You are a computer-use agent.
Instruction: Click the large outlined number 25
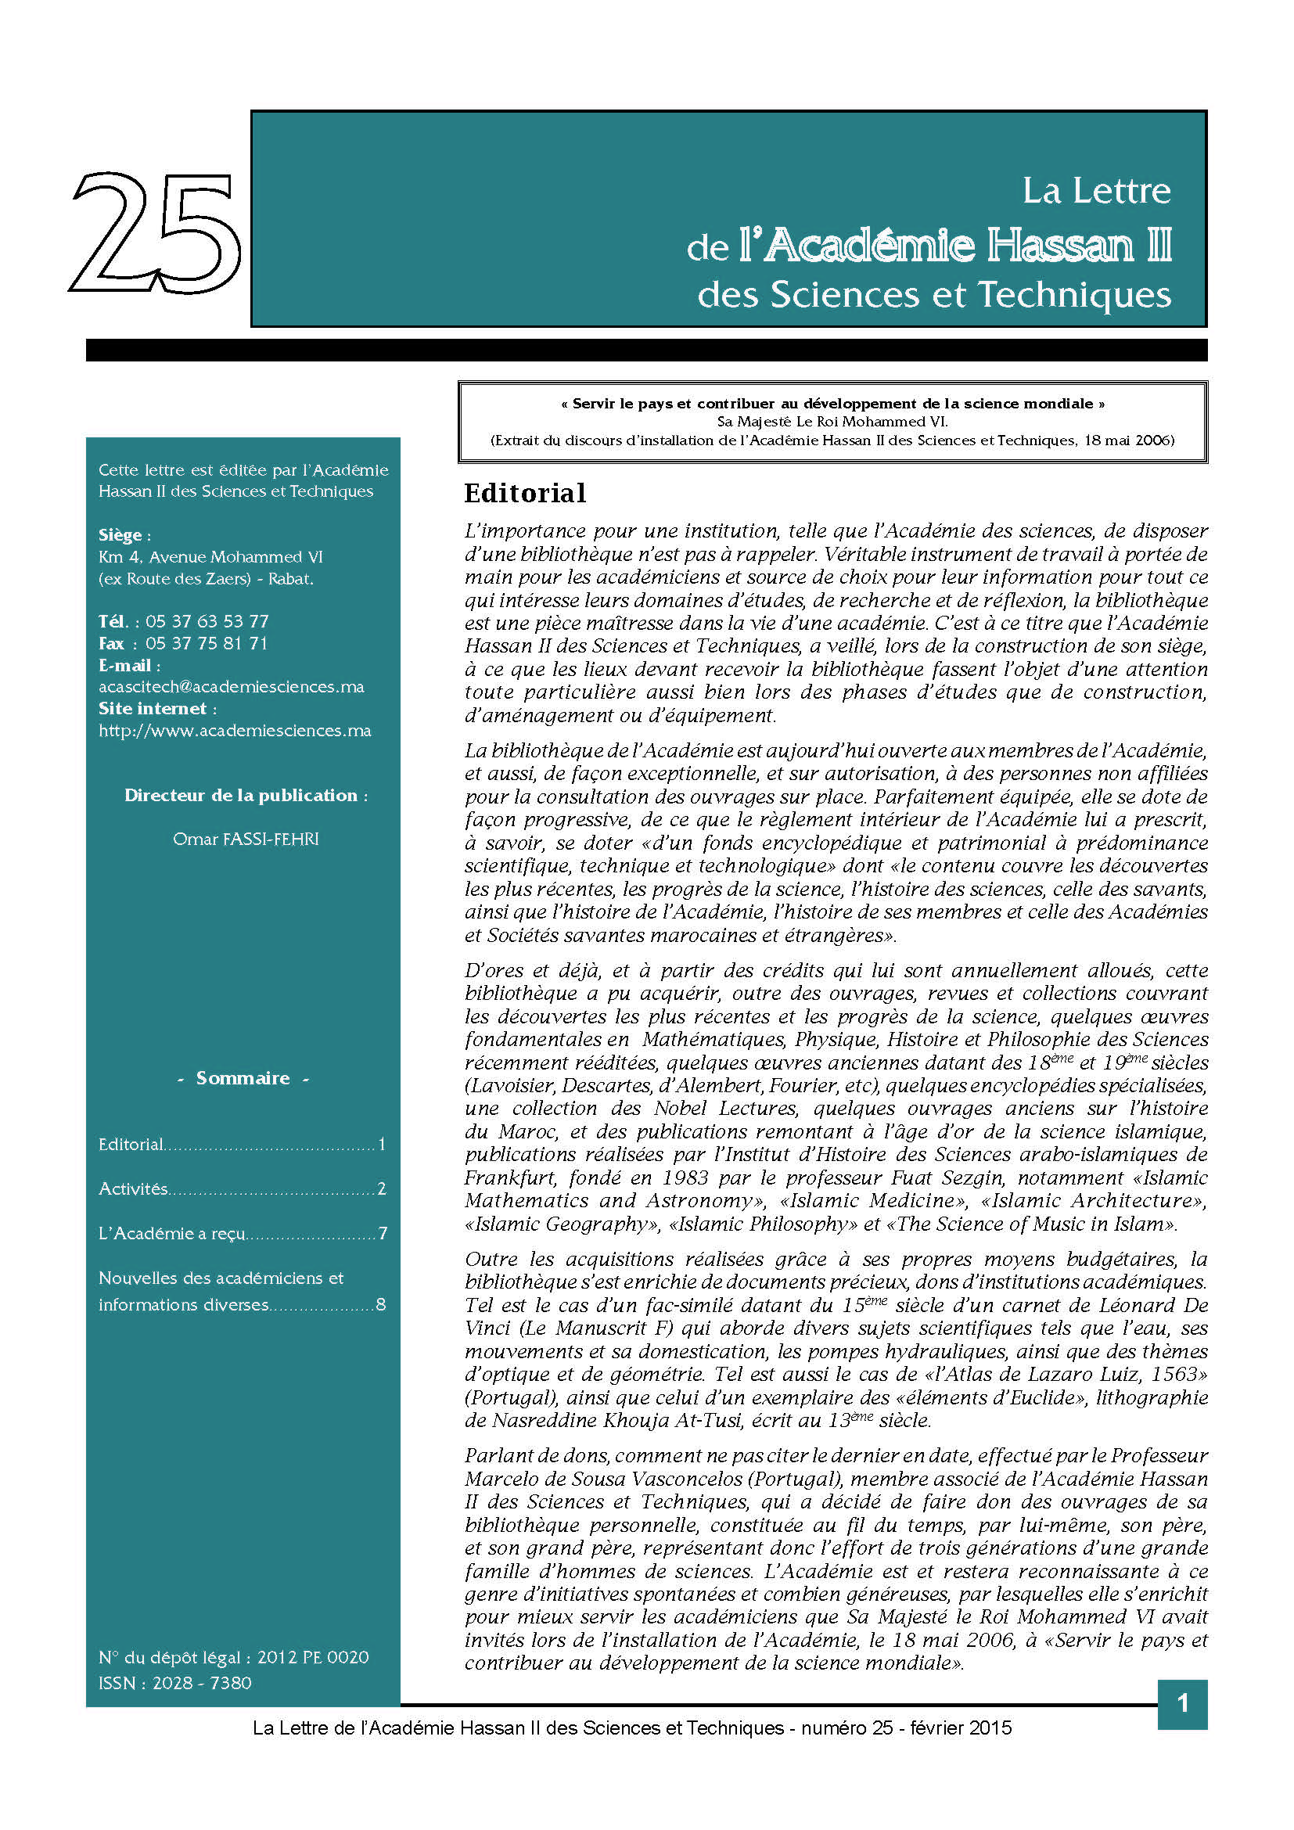[156, 232]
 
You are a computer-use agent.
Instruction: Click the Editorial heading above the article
[525, 494]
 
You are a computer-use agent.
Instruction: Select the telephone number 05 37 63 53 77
[207, 621]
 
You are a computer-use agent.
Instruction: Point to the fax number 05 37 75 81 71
[207, 643]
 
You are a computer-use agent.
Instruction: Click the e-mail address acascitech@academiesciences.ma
[231, 686]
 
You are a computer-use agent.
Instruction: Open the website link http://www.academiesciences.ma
[234, 730]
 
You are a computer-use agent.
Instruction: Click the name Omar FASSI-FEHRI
[246, 839]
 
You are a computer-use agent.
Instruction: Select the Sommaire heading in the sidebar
[243, 1077]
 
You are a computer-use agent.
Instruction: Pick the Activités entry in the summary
[133, 1188]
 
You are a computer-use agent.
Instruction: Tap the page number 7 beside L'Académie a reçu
[383, 1233]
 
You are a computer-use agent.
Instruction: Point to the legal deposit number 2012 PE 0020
[313, 1657]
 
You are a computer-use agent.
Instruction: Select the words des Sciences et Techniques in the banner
[934, 294]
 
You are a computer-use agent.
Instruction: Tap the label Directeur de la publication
[242, 795]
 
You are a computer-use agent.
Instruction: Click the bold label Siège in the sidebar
[120, 535]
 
